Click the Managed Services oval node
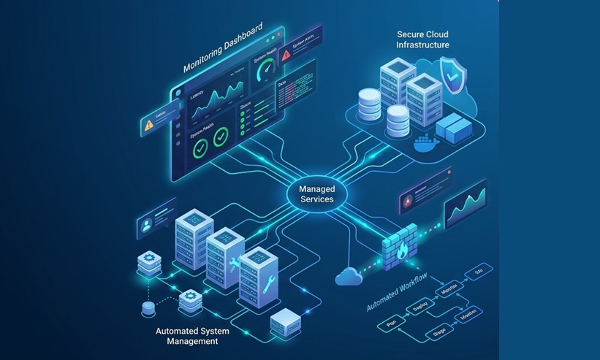click(316, 194)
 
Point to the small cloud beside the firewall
click(348, 276)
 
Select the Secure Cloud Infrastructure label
click(422, 39)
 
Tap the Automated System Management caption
click(192, 336)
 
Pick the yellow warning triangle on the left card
click(150, 124)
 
